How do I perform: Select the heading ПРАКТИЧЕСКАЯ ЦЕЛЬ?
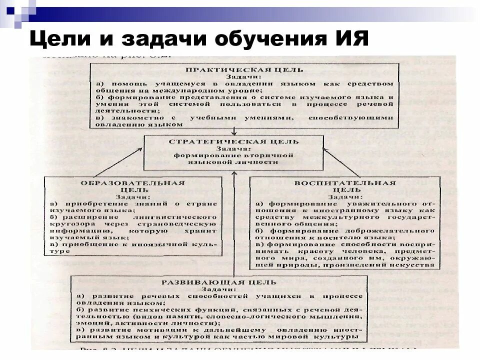click(x=244, y=69)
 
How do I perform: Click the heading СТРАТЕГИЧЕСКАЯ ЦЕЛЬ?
click(x=234, y=141)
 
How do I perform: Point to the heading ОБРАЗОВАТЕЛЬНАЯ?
click(x=133, y=183)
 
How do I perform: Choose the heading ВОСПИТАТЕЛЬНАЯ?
click(x=344, y=183)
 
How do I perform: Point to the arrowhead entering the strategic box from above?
click(x=234, y=133)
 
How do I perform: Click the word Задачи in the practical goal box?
click(x=244, y=76)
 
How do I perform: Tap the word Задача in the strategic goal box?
click(x=234, y=148)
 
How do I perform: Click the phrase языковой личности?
click(x=234, y=162)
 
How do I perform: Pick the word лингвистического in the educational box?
click(x=175, y=217)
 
